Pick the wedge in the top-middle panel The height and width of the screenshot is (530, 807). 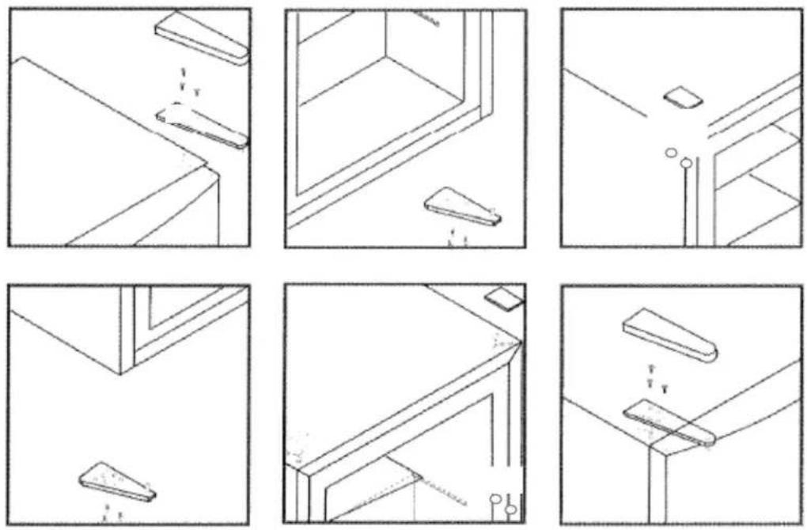pos(464,208)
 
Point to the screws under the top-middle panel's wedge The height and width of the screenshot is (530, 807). pos(457,236)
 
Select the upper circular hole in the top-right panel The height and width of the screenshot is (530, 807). pos(670,151)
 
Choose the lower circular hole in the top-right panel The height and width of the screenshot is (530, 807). pos(686,164)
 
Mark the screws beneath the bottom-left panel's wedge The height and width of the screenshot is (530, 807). pos(112,513)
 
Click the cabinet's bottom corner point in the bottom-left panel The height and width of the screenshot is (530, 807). pos(120,373)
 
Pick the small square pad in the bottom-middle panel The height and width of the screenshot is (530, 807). pos(503,299)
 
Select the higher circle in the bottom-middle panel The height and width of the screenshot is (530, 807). pos(494,500)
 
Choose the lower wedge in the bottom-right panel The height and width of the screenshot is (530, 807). pos(669,422)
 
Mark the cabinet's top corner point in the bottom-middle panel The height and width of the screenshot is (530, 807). pos(520,342)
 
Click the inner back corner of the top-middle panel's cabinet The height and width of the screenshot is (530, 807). pos(385,57)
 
